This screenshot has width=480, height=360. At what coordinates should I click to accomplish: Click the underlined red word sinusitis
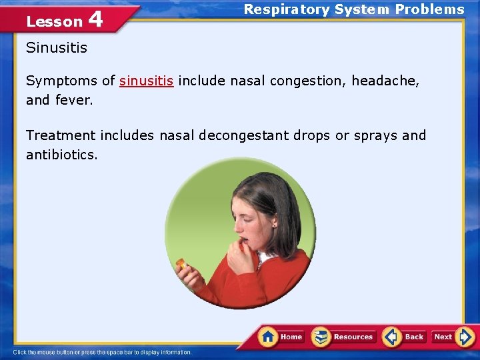[146, 81]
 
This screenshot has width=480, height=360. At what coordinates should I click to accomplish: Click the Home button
[283, 337]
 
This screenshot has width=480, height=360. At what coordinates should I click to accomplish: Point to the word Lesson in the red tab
[54, 21]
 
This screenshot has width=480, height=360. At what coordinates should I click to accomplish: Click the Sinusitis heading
[57, 48]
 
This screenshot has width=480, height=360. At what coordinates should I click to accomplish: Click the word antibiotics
[61, 155]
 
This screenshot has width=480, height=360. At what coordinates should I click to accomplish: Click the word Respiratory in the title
[286, 9]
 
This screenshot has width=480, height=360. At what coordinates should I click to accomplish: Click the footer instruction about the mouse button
[103, 352]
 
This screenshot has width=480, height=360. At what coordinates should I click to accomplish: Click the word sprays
[375, 135]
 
